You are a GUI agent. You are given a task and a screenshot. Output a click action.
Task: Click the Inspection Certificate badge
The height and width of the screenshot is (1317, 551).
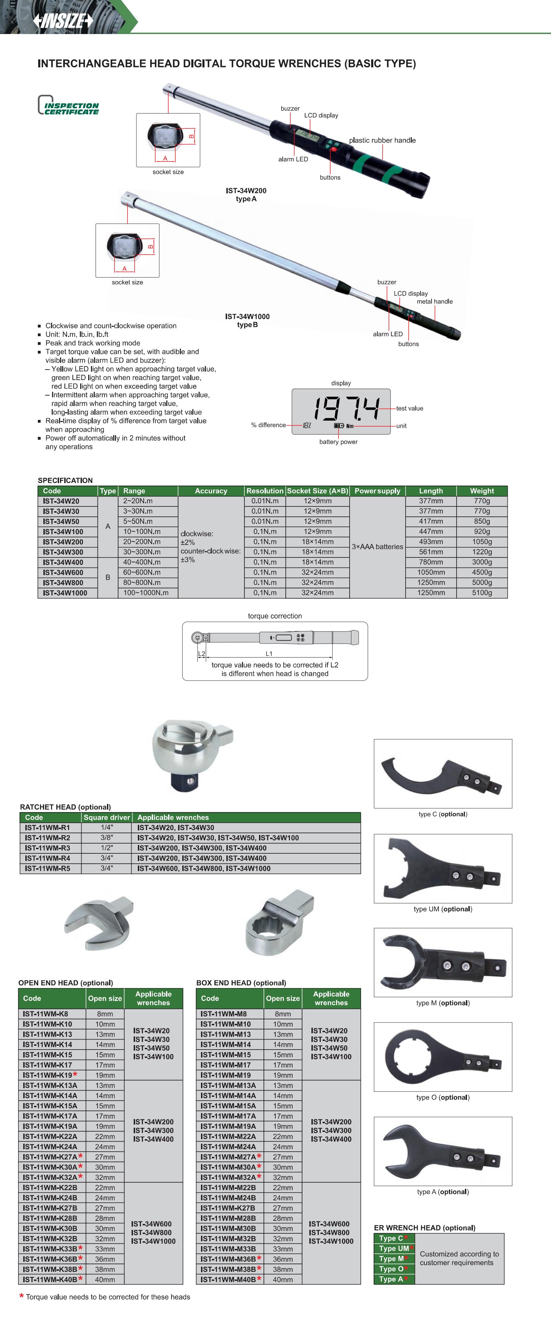68,105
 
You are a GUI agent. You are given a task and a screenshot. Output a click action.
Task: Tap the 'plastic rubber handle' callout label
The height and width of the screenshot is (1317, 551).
382,140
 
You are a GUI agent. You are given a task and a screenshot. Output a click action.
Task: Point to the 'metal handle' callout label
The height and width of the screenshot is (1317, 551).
434,301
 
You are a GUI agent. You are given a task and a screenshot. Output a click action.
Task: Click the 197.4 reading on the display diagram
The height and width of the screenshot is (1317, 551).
347,408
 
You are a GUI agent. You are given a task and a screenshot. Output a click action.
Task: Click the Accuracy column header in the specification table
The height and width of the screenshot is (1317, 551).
211,491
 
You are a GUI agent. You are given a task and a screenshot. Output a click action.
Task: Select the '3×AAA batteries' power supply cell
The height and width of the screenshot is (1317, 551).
377,547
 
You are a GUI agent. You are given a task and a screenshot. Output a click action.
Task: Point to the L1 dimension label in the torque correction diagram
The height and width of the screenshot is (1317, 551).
269,653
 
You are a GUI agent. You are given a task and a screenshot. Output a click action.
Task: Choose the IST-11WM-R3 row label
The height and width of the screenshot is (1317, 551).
48,848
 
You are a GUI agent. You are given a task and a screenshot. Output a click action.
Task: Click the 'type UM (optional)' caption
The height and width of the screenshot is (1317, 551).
443,909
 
